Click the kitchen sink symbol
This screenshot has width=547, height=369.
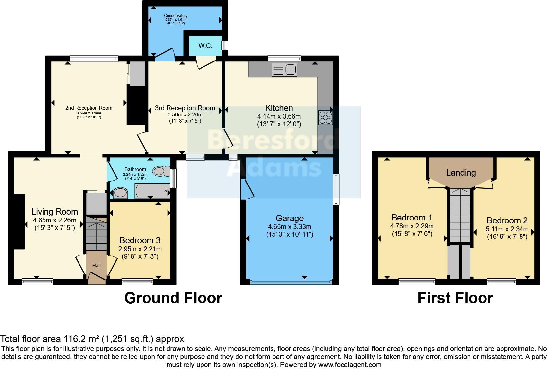(x=284, y=70)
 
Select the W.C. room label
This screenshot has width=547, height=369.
(x=205, y=46)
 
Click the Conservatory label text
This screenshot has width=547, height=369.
(x=176, y=16)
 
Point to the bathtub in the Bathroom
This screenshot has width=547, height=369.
(x=152, y=191)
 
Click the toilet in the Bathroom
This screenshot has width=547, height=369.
(x=161, y=171)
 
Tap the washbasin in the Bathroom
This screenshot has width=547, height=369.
(x=120, y=193)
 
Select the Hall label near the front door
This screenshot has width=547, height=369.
(x=96, y=266)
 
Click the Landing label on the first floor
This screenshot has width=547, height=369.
(x=461, y=173)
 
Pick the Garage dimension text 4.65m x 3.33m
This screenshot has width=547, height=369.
(x=290, y=227)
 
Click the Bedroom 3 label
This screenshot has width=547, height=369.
(x=140, y=240)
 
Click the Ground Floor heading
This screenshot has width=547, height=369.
(x=173, y=298)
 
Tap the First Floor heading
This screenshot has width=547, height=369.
(x=455, y=298)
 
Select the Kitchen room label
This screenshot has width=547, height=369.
(x=279, y=108)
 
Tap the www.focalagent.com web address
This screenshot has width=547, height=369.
(x=350, y=364)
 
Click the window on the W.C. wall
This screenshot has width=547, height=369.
(x=225, y=45)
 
